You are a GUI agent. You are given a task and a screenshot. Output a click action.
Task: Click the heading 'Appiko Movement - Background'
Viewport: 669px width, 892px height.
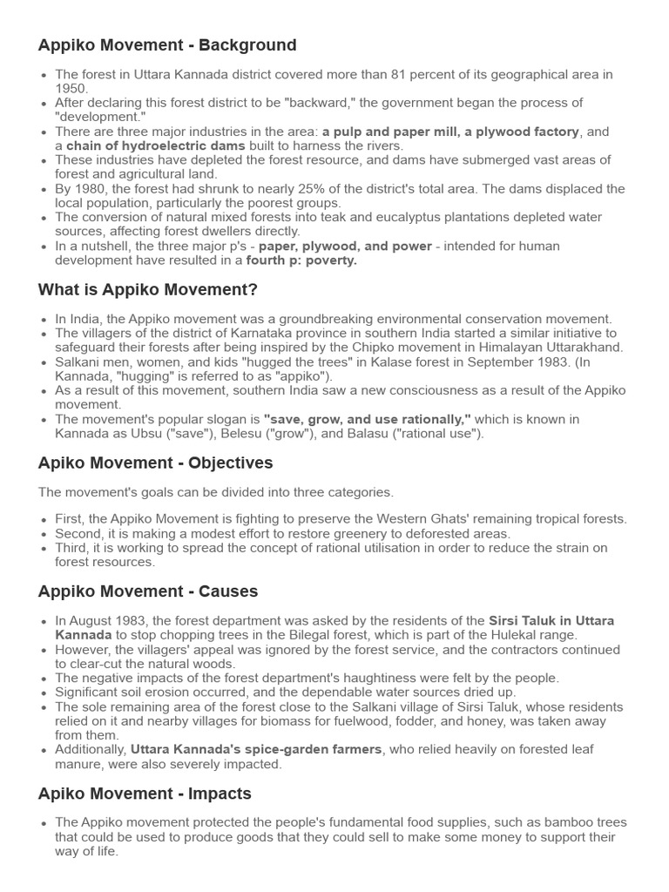(167, 45)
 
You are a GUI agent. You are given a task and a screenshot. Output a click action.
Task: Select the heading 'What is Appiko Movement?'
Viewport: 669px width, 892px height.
(148, 289)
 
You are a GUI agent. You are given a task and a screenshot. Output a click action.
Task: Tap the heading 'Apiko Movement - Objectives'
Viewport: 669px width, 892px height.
(155, 463)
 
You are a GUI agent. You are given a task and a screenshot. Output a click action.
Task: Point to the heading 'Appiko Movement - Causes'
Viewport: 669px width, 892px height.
(148, 591)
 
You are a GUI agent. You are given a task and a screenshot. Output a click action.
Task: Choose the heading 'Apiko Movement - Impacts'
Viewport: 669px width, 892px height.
(145, 794)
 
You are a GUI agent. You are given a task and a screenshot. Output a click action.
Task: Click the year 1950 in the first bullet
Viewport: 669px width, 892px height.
(71, 88)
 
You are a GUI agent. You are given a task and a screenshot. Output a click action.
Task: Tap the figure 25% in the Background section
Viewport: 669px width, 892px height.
(328, 189)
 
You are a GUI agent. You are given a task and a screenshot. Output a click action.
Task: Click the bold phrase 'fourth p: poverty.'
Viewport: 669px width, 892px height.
(301, 260)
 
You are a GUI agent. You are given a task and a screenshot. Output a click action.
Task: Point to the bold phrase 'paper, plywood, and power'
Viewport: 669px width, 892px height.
(345, 247)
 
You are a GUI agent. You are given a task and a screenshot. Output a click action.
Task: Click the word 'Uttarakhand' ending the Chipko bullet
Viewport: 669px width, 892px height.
(588, 348)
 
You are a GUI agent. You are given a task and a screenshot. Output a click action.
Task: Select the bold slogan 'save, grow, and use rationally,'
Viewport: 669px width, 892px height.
(367, 419)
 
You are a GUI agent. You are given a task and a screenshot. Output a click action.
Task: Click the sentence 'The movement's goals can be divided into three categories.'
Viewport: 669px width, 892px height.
(216, 492)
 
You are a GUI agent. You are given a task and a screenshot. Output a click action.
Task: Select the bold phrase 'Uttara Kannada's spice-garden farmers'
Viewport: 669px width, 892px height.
(256, 750)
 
